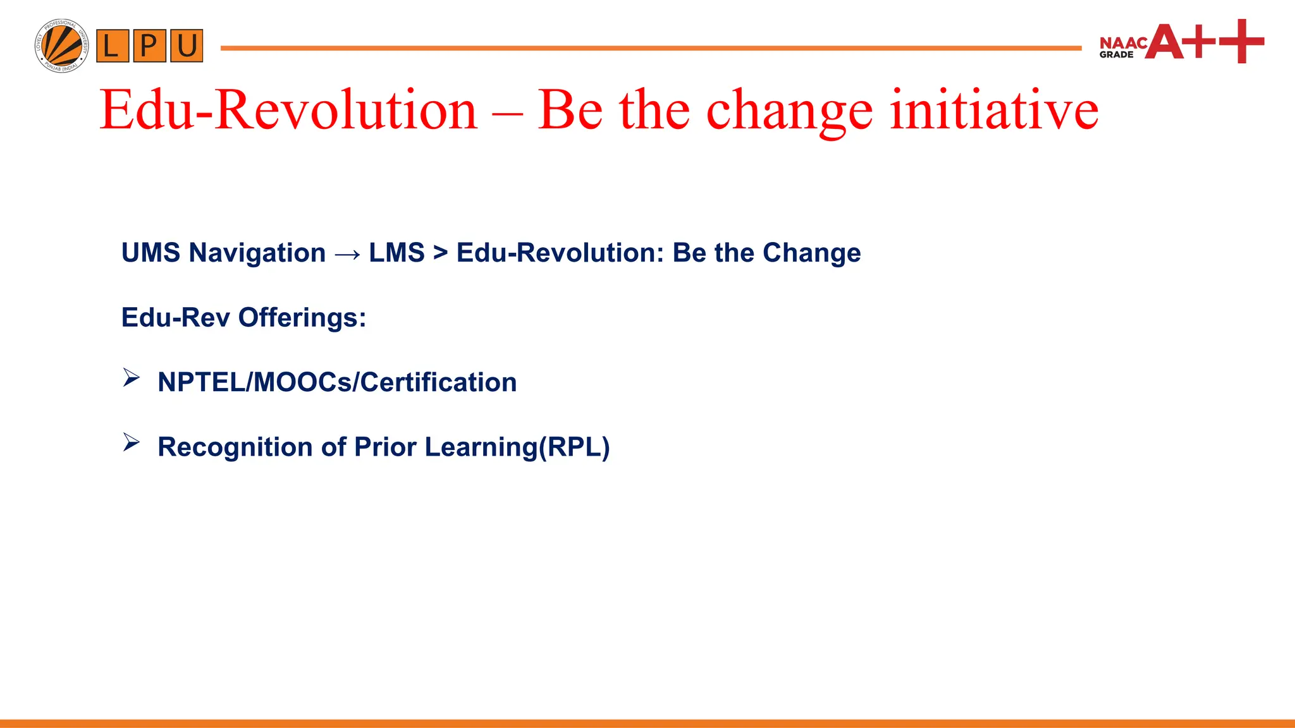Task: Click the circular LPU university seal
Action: (61, 45)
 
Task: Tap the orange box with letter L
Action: (113, 46)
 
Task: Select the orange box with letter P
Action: (149, 46)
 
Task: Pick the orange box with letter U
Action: (187, 46)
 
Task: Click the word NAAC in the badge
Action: (1123, 43)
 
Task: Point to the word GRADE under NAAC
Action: (1116, 55)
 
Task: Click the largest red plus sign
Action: (1241, 41)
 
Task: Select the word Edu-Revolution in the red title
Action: (288, 110)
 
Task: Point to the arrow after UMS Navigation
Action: (347, 254)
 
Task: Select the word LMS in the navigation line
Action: (396, 253)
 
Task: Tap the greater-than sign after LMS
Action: (440, 253)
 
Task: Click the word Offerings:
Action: (302, 317)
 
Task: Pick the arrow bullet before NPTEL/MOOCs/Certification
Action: (131, 378)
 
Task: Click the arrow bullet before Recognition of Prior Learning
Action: (131, 442)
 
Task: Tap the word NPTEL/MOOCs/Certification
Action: (337, 382)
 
